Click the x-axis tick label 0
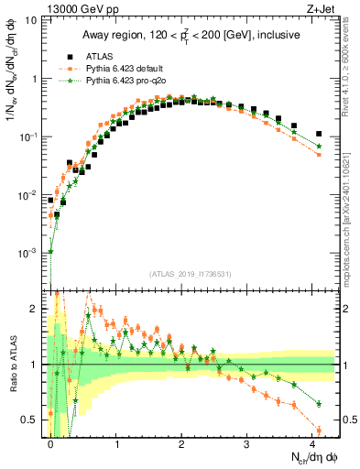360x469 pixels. pos(50,443)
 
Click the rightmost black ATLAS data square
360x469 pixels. pos(319,134)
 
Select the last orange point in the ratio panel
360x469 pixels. pos(319,430)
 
